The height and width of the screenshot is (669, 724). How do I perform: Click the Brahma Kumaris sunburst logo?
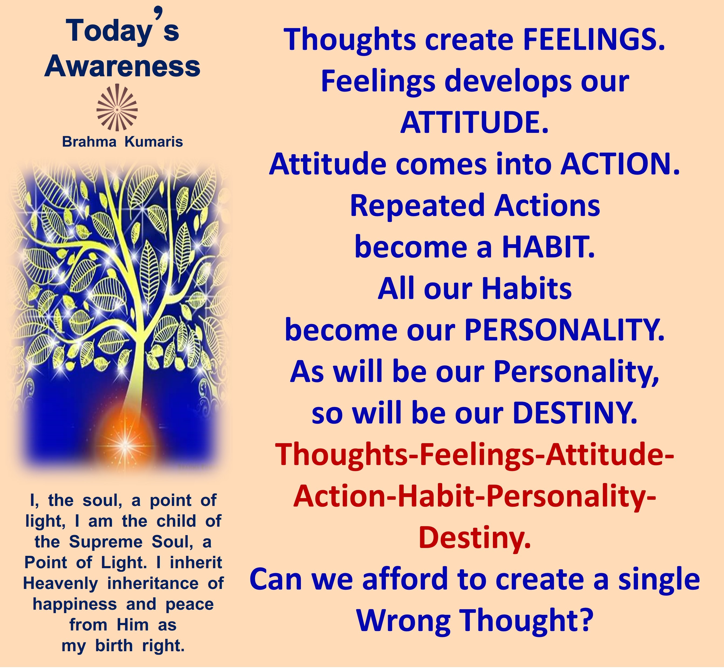[x=117, y=108]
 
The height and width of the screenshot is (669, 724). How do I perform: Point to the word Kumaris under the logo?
[x=154, y=142]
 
